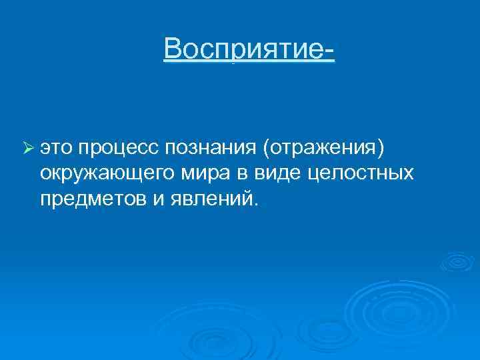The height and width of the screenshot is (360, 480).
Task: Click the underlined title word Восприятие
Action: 244,49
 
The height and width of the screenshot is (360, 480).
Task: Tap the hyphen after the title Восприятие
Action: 329,51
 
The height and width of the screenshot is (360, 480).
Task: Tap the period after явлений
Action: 252,203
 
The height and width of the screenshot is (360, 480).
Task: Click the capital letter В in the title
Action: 172,49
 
